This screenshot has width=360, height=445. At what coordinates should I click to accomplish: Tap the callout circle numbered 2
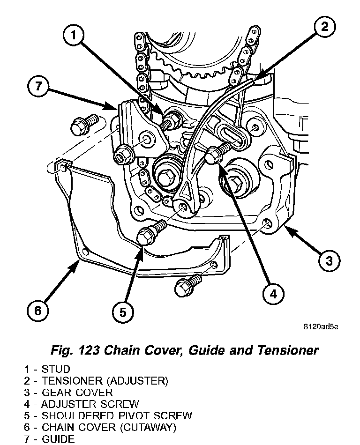pyautogui.click(x=324, y=27)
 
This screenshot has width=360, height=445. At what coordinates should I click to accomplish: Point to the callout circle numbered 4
pyautogui.click(x=273, y=294)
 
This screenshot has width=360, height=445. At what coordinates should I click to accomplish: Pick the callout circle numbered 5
pyautogui.click(x=123, y=311)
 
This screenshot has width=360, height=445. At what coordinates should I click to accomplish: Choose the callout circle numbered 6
pyautogui.click(x=38, y=310)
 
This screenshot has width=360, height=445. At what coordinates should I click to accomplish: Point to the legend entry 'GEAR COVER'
pyautogui.click(x=77, y=392)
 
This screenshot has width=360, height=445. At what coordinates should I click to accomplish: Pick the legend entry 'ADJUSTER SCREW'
pyautogui.click(x=90, y=404)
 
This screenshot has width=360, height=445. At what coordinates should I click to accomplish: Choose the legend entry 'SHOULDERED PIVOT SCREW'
pyautogui.click(x=117, y=415)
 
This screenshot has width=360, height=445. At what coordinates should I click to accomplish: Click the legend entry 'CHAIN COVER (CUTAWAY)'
pyautogui.click(x=109, y=427)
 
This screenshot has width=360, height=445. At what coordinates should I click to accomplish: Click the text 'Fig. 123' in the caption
pyautogui.click(x=75, y=350)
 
